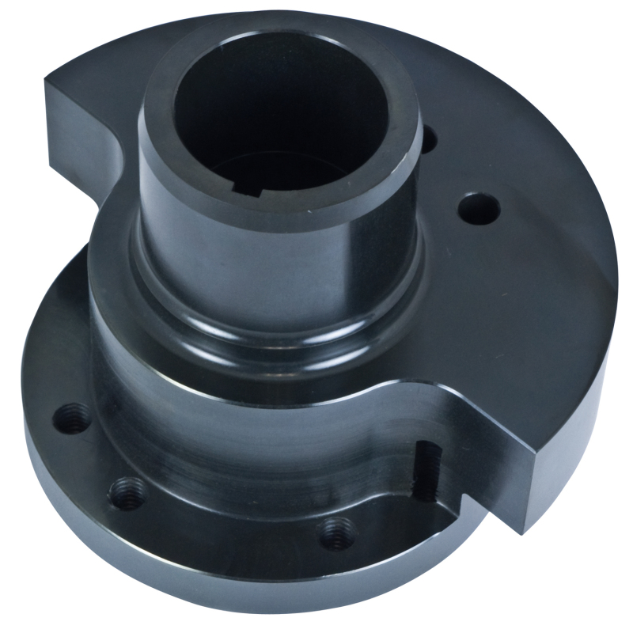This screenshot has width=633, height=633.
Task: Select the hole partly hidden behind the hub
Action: click(x=428, y=141)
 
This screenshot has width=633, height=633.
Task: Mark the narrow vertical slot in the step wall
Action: click(x=426, y=472)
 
